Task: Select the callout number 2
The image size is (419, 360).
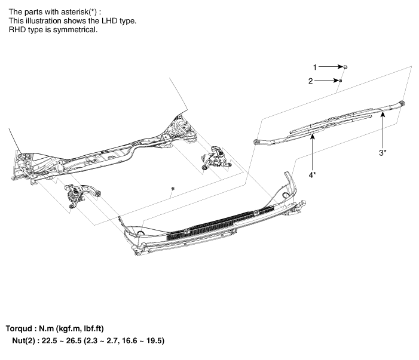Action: point(310,81)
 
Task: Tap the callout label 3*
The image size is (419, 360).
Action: point(382,152)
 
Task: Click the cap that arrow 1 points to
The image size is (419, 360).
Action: point(345,67)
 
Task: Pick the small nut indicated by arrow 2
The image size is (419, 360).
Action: point(341,80)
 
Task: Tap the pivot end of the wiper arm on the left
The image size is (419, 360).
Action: point(257,142)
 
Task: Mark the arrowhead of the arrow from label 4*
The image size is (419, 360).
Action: point(312,136)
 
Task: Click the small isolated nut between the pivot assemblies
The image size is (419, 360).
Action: point(172,189)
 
